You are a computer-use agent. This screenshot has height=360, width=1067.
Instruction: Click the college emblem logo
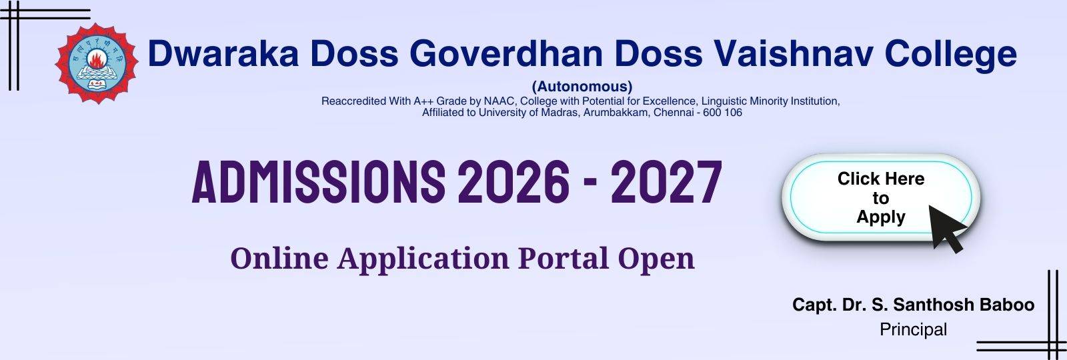pos(97,63)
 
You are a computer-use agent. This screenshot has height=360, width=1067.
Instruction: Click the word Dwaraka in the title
pos(223,53)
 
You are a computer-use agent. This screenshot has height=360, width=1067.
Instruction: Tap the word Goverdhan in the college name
pos(506,53)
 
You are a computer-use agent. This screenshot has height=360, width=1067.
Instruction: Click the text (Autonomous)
pos(582,87)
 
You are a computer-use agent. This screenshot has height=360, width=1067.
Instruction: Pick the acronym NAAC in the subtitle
pos(499,101)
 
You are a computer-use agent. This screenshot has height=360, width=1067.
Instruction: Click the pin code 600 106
pos(722,113)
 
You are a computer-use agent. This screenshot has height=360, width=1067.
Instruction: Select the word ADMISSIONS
pos(319,182)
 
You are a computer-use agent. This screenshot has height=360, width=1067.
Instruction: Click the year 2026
pos(513,182)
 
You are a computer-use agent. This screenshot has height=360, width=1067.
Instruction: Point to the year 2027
pos(666,182)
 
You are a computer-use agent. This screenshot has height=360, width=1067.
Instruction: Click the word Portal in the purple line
pos(564,258)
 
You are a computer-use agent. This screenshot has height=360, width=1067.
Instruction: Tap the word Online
pos(279,258)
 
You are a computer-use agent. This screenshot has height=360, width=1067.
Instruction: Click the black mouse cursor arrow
pos(946,229)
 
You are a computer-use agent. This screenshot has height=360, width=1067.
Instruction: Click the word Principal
pos(913,329)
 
